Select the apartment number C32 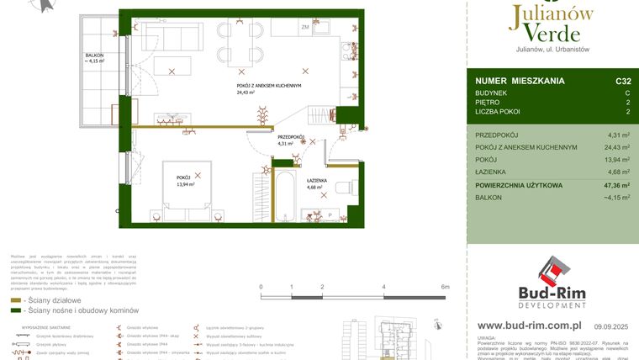622,82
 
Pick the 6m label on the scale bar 446,287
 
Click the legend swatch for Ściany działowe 16,299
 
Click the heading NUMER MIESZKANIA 520,82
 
